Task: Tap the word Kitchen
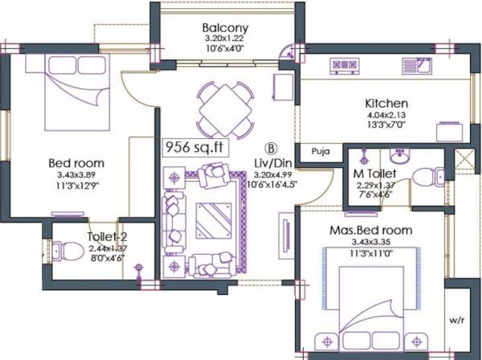pyautogui.click(x=387, y=104)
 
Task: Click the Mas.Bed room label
pyautogui.click(x=372, y=231)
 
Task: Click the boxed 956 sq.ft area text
pyautogui.click(x=192, y=147)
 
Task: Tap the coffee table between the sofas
pyautogui.click(x=212, y=217)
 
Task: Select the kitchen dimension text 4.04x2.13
pyautogui.click(x=387, y=116)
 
